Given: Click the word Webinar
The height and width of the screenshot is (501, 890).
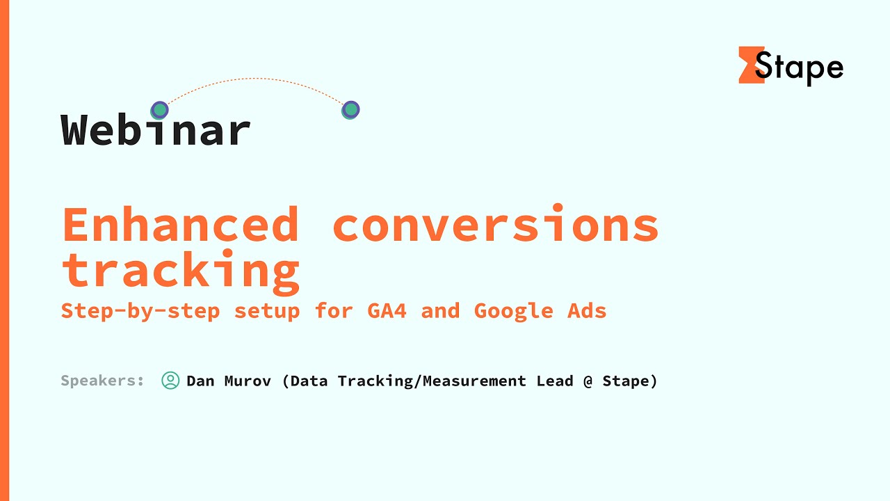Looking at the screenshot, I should (156, 130).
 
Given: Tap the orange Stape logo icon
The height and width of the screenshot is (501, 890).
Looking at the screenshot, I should (750, 65).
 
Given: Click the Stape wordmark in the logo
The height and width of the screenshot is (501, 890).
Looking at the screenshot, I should (800, 67).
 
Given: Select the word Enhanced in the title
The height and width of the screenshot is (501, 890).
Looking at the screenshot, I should (181, 225).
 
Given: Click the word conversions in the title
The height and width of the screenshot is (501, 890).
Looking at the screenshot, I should (495, 225).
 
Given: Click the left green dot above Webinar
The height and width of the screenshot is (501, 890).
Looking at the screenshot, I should (160, 110).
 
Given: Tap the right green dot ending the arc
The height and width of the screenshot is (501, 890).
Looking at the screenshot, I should (350, 110).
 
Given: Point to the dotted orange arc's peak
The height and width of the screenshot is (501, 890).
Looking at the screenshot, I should (256, 79).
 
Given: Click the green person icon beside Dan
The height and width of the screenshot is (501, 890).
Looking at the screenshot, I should (170, 381).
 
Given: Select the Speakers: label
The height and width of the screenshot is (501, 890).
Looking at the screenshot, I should (103, 381).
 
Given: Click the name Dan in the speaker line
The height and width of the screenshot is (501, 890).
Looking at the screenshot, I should (200, 381).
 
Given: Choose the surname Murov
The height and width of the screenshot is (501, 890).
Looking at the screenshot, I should (248, 381).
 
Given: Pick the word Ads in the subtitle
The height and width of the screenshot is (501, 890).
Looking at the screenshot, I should (586, 310).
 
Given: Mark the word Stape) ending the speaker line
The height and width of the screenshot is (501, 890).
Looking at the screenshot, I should (630, 381).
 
